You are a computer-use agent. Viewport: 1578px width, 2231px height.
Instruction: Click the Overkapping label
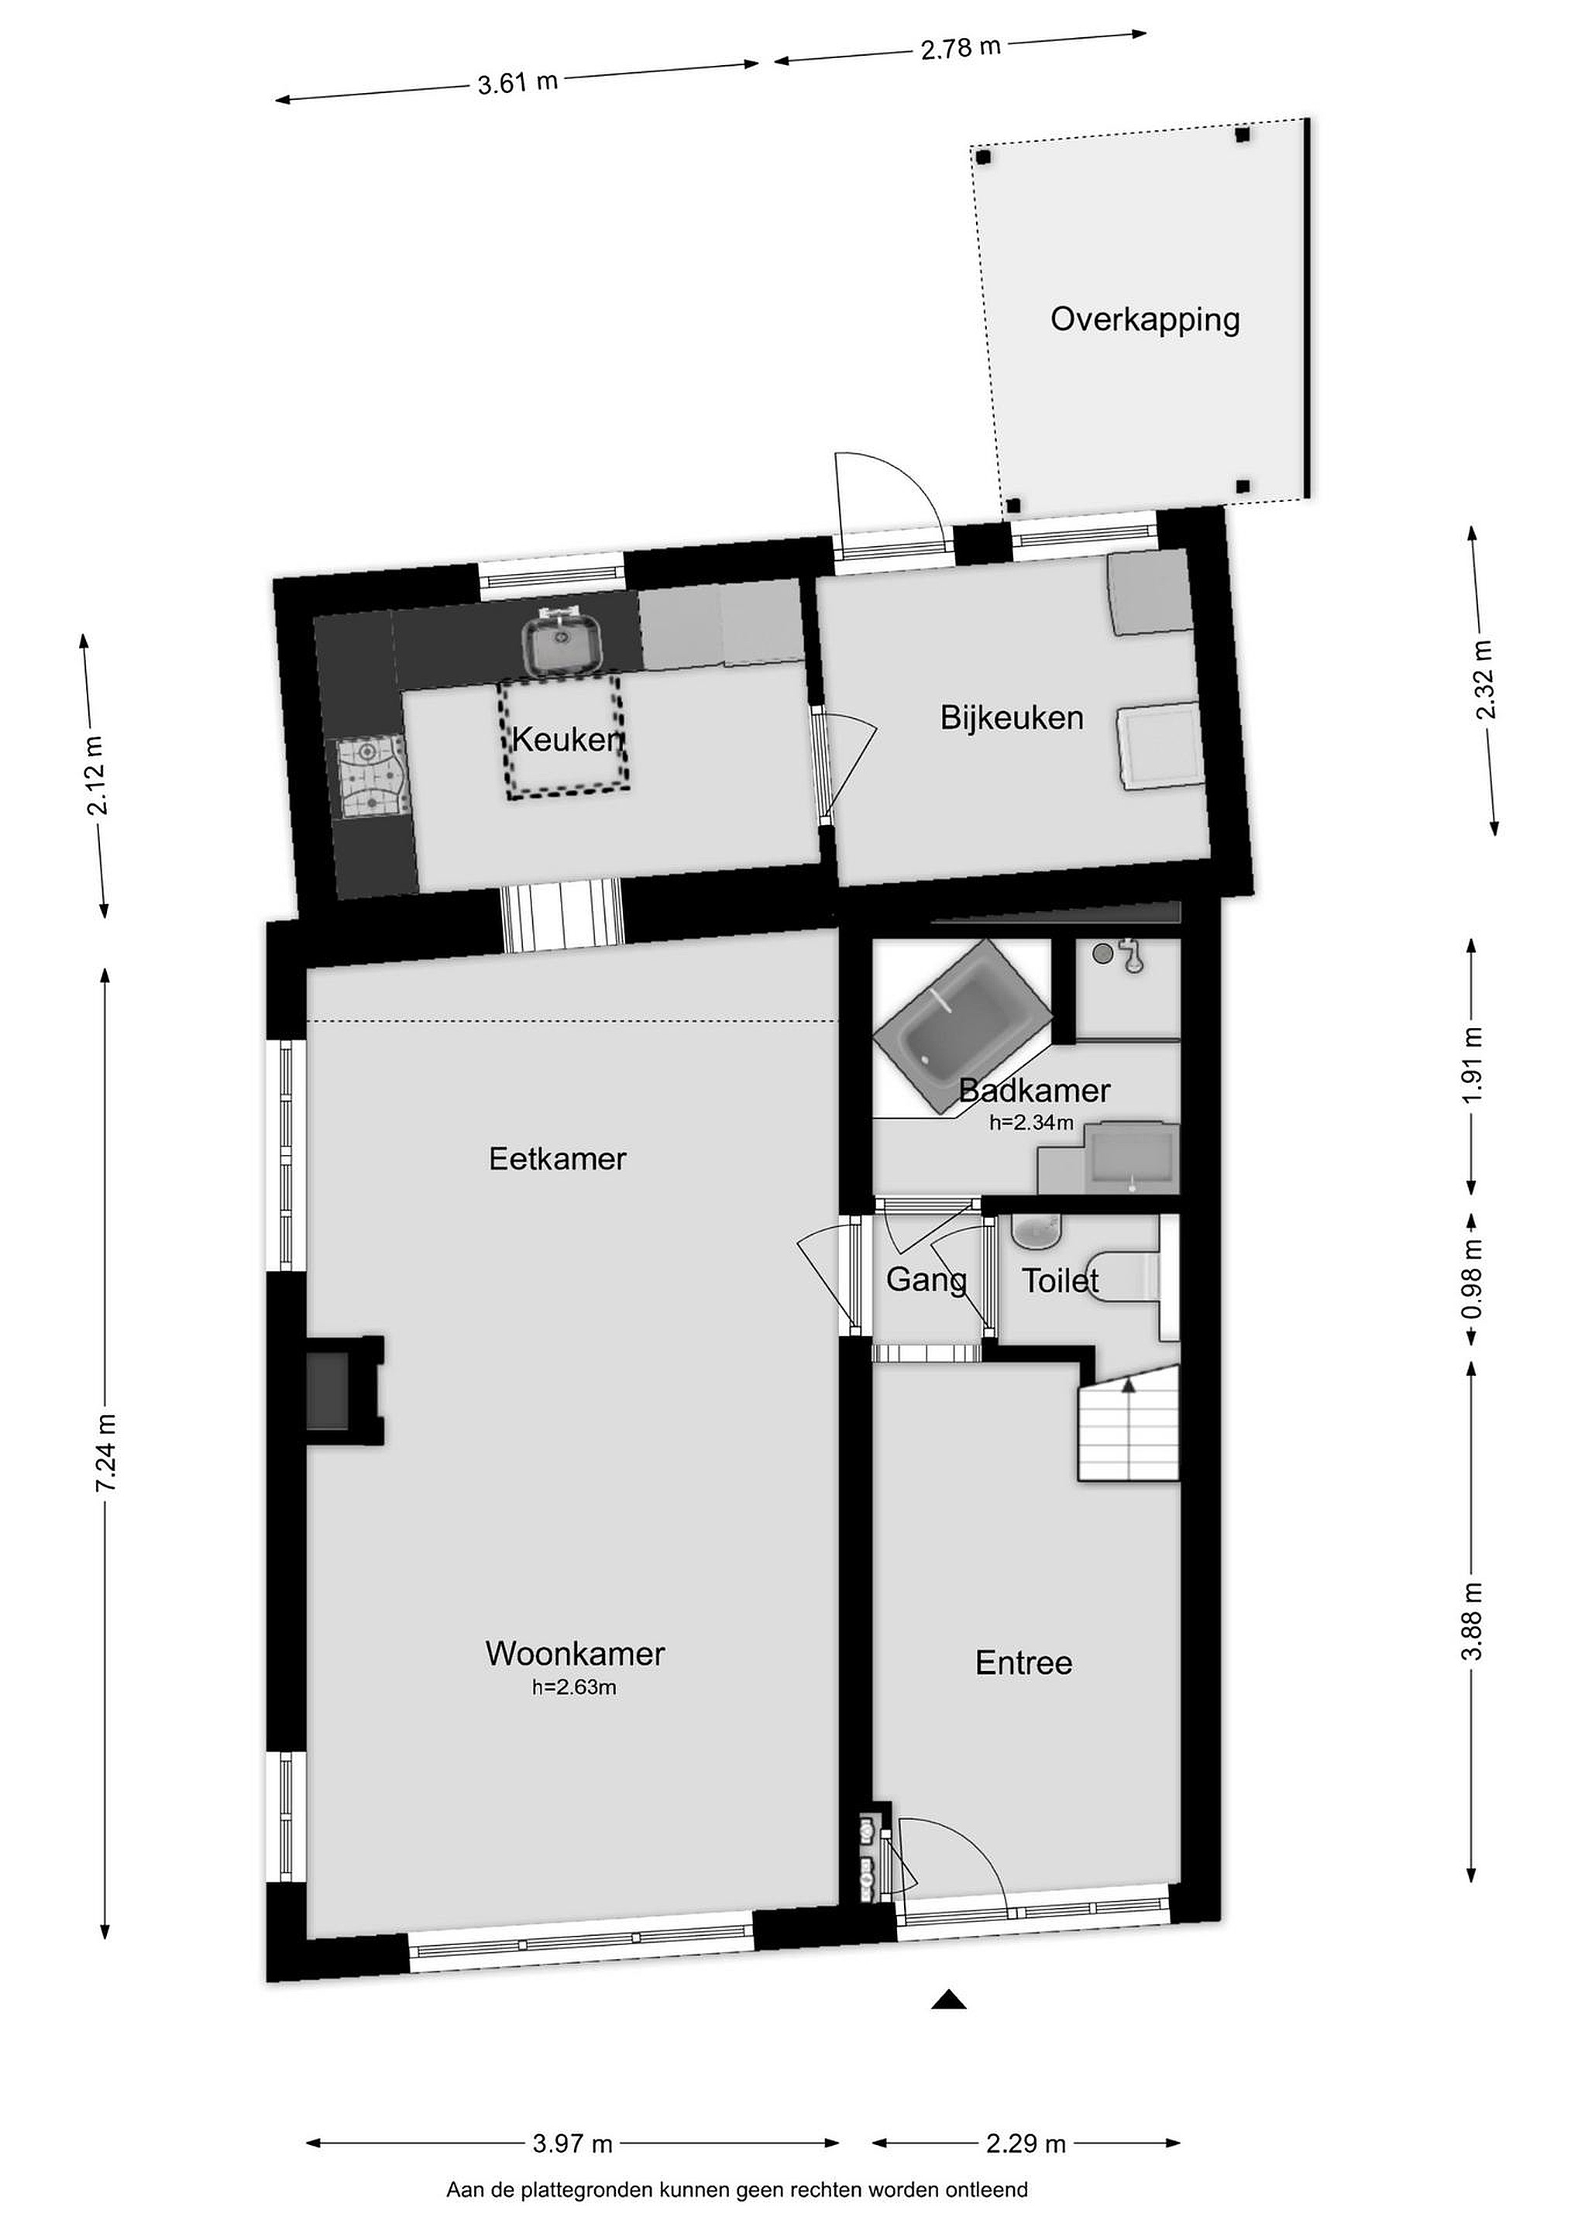pos(1145,321)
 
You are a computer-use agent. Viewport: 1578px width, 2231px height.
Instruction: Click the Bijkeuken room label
pos(1012,718)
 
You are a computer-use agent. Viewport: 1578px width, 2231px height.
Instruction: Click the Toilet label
pos(1060,1281)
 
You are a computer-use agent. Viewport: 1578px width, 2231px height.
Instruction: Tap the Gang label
pos(926,1281)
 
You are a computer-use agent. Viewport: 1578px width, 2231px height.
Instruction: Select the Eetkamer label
pos(558,1158)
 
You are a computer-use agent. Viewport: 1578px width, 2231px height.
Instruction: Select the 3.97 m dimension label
pos(573,2135)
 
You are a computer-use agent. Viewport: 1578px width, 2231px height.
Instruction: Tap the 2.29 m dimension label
pos(1026,2135)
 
